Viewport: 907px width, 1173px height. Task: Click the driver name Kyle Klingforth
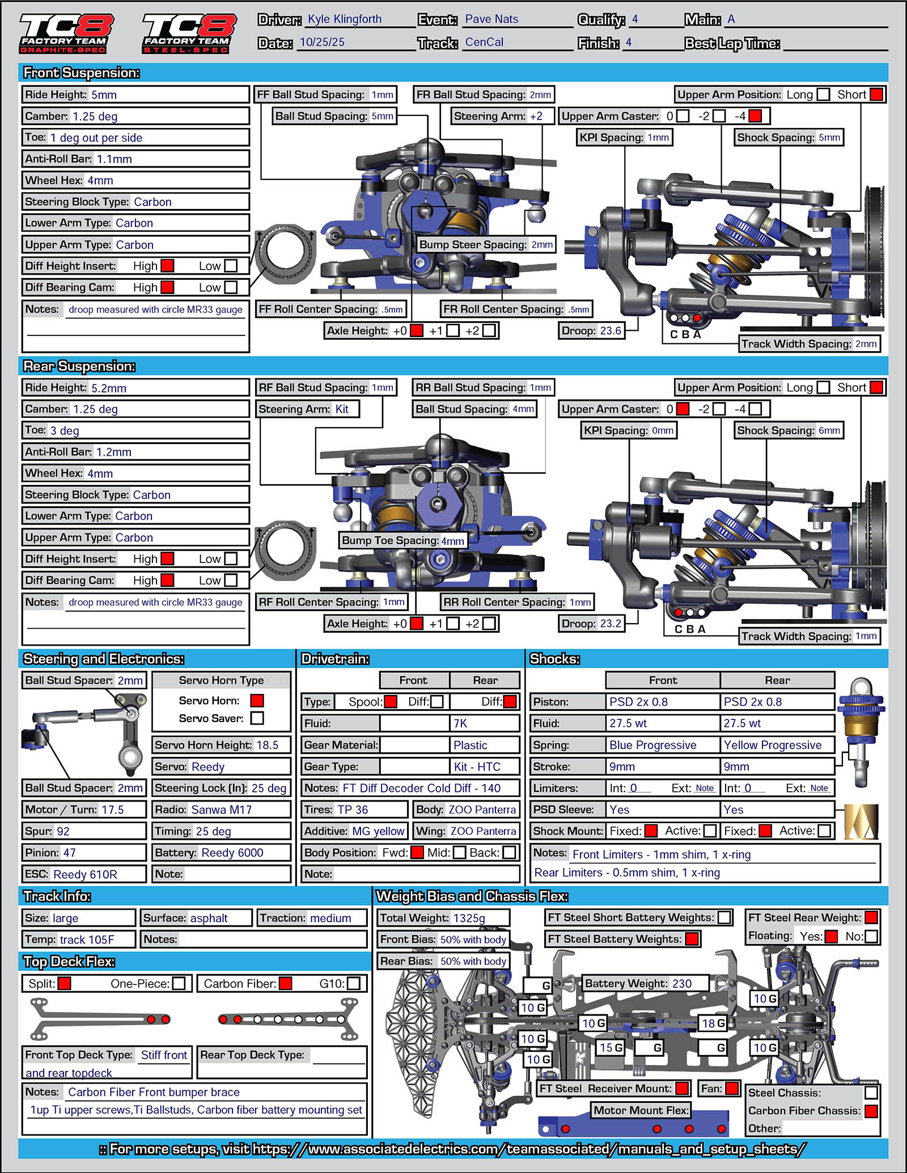345,19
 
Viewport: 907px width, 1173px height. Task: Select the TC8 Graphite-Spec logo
66,33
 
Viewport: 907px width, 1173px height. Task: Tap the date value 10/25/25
322,42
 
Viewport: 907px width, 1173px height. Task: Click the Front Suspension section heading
81,73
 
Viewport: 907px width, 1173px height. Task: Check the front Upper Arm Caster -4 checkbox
755,116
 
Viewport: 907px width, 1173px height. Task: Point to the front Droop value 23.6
611,331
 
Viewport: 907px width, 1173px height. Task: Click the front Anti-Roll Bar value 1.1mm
114,159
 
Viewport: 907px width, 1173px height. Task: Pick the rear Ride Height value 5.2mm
109,388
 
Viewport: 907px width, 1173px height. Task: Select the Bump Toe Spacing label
390,540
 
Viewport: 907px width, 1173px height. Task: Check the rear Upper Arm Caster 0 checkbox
683,409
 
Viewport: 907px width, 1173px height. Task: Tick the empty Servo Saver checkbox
257,718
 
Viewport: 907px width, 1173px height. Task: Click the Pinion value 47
69,852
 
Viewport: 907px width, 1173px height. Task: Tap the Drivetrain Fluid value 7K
460,723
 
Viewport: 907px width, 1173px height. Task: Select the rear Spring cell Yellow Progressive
772,745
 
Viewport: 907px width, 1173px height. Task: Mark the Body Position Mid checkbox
460,852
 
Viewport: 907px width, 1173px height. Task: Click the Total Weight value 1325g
469,918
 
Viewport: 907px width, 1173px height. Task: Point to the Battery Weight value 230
681,983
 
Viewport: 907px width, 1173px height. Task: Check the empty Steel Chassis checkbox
871,1093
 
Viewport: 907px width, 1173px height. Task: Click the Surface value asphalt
209,918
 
